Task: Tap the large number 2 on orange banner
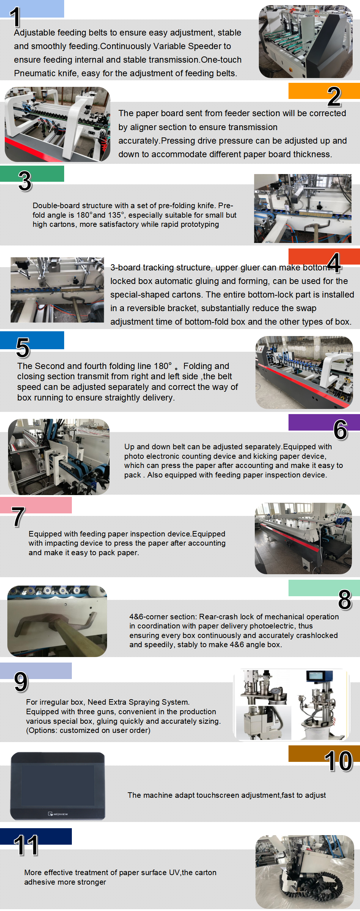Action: pos(334,96)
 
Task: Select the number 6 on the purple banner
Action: pos(340,429)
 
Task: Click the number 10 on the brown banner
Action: pos(338,761)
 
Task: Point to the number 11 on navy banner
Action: pos(26,845)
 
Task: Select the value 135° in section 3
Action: pos(116,215)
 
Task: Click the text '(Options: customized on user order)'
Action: pos(88,730)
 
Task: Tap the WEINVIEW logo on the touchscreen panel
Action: pos(58,814)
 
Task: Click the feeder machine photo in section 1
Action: pos(305,41)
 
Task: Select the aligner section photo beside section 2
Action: pos(57,124)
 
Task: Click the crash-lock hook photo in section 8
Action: pos(57,621)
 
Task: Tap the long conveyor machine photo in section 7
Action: pos(303,538)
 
